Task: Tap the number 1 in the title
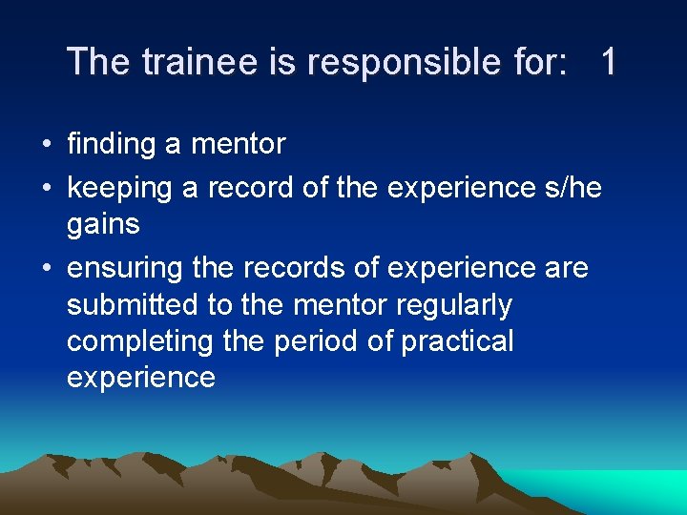tap(608, 62)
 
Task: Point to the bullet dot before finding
tap(46, 146)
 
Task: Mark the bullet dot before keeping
tap(46, 190)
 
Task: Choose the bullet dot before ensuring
tap(46, 270)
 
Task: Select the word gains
tap(103, 225)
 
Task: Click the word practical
tap(457, 341)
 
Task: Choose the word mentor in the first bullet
tap(239, 145)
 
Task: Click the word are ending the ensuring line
tap(568, 269)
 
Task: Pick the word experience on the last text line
tap(141, 378)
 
